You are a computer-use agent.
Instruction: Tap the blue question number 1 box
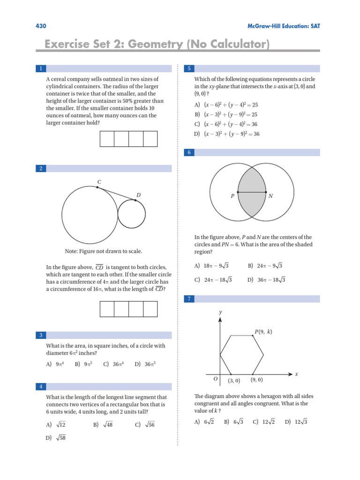click(x=41, y=68)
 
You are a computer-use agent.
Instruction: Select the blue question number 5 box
click(x=189, y=68)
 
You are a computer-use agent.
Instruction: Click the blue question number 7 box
click(x=189, y=299)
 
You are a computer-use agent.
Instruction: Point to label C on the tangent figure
click(x=99, y=181)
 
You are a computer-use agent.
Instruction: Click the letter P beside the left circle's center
click(x=232, y=196)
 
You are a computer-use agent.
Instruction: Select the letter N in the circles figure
click(x=270, y=196)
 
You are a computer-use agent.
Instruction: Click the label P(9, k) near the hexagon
click(x=263, y=332)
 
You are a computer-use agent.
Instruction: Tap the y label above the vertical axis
click(x=220, y=312)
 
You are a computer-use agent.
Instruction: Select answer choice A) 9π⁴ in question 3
click(x=56, y=364)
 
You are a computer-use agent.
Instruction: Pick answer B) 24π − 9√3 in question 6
click(x=265, y=266)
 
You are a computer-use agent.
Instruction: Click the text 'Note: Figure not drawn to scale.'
click(x=104, y=251)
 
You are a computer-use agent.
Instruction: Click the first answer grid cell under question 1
click(x=107, y=139)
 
